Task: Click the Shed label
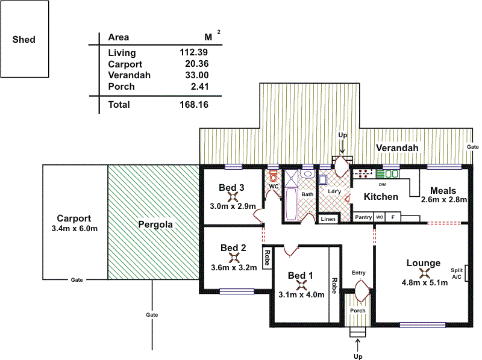pyautogui.click(x=24, y=40)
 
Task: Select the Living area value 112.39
pyautogui.click(x=194, y=52)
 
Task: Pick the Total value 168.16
pyautogui.click(x=194, y=105)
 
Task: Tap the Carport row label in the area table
pyautogui.click(x=125, y=64)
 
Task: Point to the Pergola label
pyautogui.click(x=155, y=225)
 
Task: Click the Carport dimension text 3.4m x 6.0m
pyautogui.click(x=75, y=229)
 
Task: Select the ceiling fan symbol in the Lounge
pyautogui.click(x=424, y=273)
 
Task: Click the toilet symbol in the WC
pyautogui.click(x=273, y=176)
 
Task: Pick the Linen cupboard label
pyautogui.click(x=328, y=219)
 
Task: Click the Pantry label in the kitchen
pyautogui.click(x=363, y=217)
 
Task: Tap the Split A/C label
pyautogui.click(x=456, y=274)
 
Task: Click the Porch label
pyautogui.click(x=358, y=311)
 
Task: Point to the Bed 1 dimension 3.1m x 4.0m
pyautogui.click(x=301, y=294)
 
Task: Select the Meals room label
pyautogui.click(x=443, y=190)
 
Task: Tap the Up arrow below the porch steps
pyautogui.click(x=358, y=346)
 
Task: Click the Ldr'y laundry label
pyautogui.click(x=334, y=192)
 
